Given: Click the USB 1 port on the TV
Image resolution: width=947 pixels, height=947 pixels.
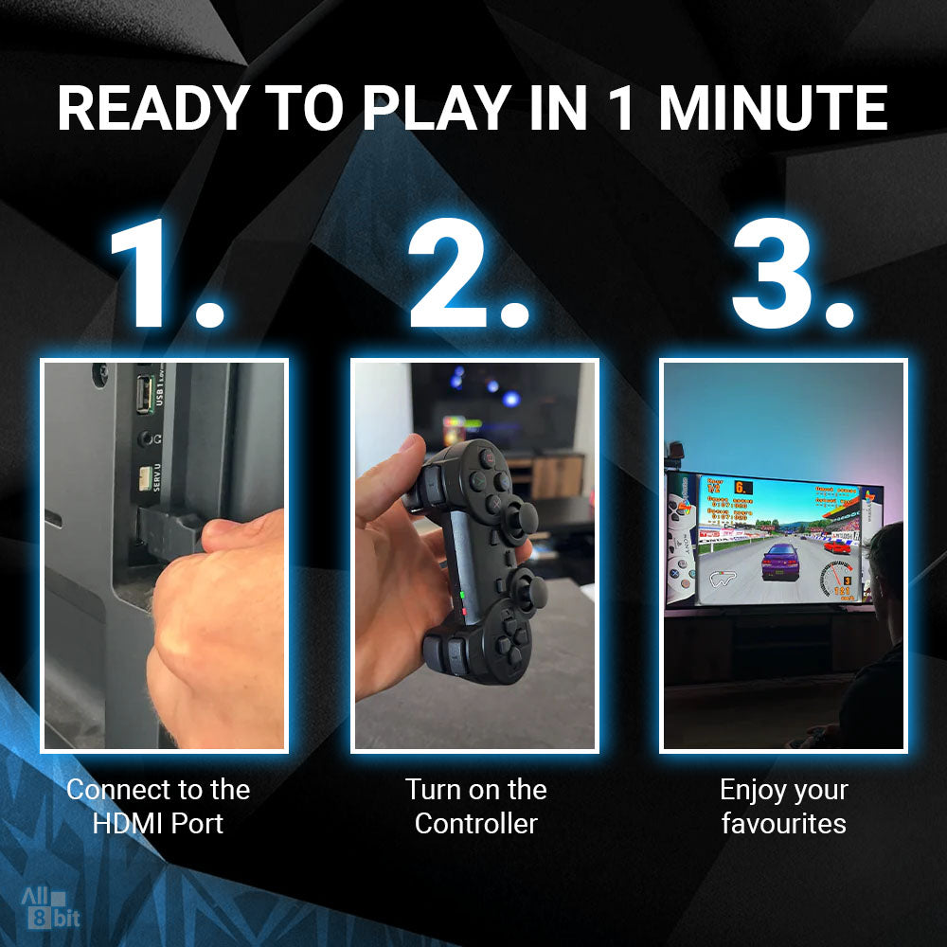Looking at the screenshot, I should coord(144,395).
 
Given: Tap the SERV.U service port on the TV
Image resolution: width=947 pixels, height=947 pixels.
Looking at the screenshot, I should coord(145,479).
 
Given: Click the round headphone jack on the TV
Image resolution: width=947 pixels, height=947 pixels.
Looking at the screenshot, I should coord(145,439).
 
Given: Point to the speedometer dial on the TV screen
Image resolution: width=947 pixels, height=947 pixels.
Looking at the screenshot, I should coord(837,579).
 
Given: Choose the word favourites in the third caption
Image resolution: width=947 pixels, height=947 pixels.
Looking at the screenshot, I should coord(783,823).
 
